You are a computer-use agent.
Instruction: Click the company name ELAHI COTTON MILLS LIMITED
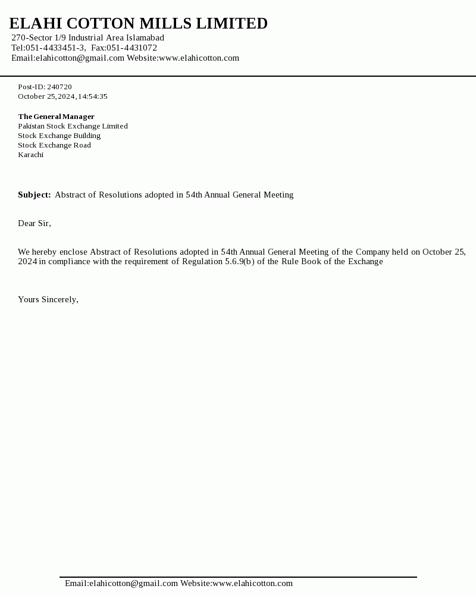tap(138, 24)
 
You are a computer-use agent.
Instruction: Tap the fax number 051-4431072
tap(131, 48)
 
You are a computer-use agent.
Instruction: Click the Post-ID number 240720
tap(59, 87)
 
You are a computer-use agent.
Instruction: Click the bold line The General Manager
tap(56, 117)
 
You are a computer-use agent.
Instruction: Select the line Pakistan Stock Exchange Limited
tap(73, 126)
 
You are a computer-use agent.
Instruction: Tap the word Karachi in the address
tap(30, 155)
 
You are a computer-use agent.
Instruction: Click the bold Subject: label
tap(35, 195)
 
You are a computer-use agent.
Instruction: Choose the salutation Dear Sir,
tap(35, 223)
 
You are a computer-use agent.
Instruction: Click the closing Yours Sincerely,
tap(48, 299)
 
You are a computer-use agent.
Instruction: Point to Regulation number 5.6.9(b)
tap(240, 261)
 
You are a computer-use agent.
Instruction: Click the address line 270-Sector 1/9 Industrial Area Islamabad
tap(87, 37)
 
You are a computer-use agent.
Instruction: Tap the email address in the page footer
tap(121, 583)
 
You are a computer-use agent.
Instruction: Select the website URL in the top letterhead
tap(199, 58)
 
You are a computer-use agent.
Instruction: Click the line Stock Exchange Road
tap(54, 145)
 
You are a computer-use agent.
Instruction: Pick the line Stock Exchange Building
tap(59, 136)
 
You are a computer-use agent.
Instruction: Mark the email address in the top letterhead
tap(80, 58)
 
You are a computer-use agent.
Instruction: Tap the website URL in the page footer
tap(252, 583)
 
